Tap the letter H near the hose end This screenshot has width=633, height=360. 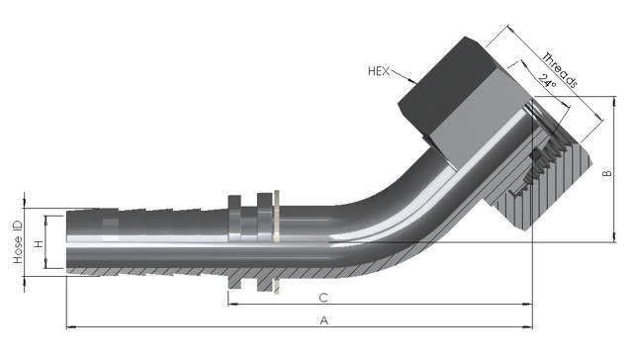point(39,242)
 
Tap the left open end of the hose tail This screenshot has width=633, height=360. point(67,241)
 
